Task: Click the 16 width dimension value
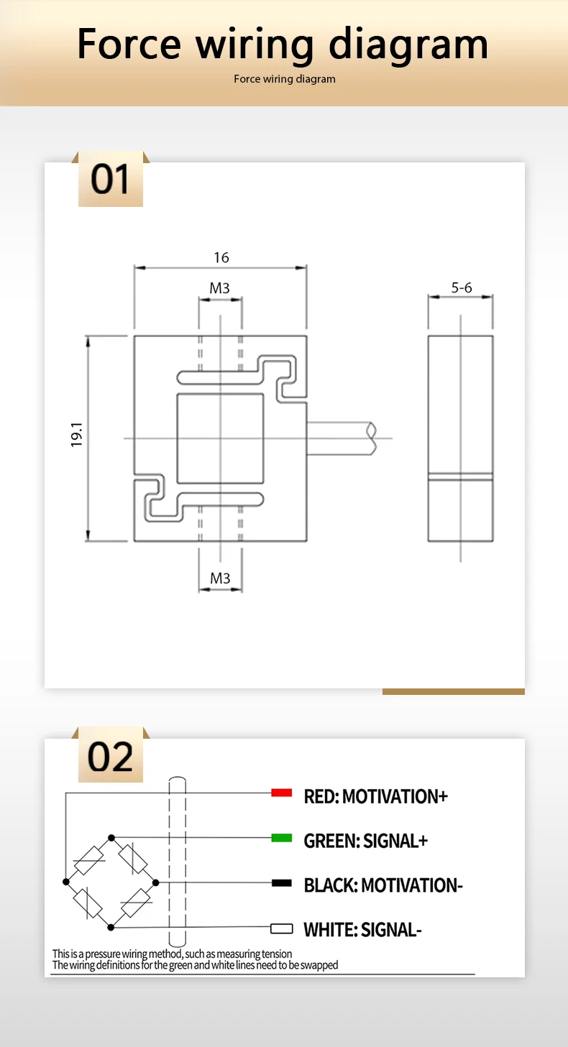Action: point(221,257)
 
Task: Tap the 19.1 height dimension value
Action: point(77,435)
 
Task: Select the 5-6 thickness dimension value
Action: point(462,287)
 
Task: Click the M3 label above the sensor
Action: point(220,288)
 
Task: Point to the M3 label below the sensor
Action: point(220,578)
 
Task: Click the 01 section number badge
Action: point(110,179)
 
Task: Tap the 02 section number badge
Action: point(110,757)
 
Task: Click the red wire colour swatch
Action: point(281,793)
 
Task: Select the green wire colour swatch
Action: point(281,838)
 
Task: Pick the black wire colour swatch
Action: point(281,883)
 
